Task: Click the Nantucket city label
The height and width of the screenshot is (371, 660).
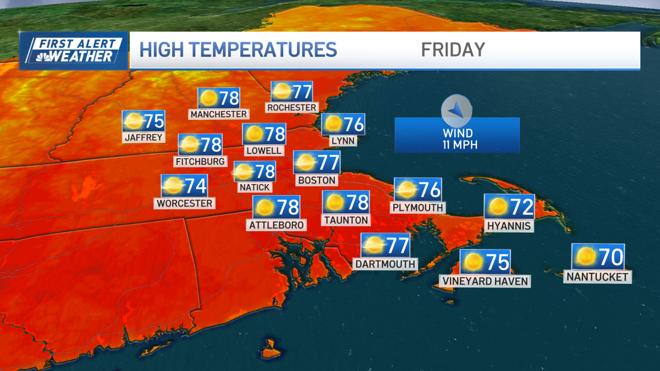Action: tap(597, 277)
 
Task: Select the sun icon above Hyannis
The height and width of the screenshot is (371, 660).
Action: tap(498, 207)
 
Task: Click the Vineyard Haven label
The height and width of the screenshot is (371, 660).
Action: tap(485, 281)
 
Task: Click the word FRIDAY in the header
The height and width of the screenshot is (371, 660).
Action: tap(453, 49)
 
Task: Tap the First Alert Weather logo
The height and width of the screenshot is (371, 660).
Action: tap(74, 50)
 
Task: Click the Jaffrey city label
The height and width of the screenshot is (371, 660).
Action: tap(144, 137)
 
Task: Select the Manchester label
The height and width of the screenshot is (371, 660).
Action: tap(218, 114)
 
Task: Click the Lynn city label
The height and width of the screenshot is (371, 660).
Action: tap(343, 141)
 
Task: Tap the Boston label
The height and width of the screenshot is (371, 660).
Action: tap(316, 180)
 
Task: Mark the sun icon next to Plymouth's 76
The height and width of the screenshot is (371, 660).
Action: tap(408, 190)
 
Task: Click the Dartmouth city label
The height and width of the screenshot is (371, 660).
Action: tap(385, 264)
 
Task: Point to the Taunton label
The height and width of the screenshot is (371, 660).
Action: tap(346, 220)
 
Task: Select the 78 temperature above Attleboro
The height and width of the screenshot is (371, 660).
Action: tap(288, 207)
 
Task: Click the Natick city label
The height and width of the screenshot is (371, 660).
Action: tap(254, 187)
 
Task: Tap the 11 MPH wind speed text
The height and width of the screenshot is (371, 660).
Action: tap(458, 145)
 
